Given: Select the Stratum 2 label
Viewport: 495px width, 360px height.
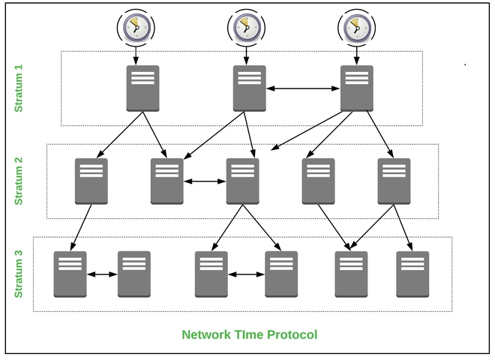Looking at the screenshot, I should [x=19, y=181].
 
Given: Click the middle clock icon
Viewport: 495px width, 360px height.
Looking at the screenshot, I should [x=244, y=28].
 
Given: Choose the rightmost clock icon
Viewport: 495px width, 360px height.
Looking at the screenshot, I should [x=355, y=28].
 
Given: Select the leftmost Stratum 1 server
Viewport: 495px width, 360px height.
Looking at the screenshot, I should [x=142, y=88].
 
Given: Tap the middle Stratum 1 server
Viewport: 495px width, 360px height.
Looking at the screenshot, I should [x=249, y=88].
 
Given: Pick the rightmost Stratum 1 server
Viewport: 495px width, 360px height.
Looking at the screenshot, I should [x=357, y=88].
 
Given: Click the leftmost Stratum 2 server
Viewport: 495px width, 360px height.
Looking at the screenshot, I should [x=91, y=181].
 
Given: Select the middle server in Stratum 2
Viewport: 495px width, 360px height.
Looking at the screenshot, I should [x=242, y=181].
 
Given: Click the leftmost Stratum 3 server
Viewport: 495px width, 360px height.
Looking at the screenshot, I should [x=70, y=274].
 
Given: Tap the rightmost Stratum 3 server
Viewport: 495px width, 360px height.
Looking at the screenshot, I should [x=412, y=274].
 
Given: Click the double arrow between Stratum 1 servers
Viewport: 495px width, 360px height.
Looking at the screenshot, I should [x=303, y=89].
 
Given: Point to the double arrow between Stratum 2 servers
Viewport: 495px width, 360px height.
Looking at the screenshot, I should [x=205, y=181].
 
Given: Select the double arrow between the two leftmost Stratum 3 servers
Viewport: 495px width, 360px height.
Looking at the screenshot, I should [x=102, y=274].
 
